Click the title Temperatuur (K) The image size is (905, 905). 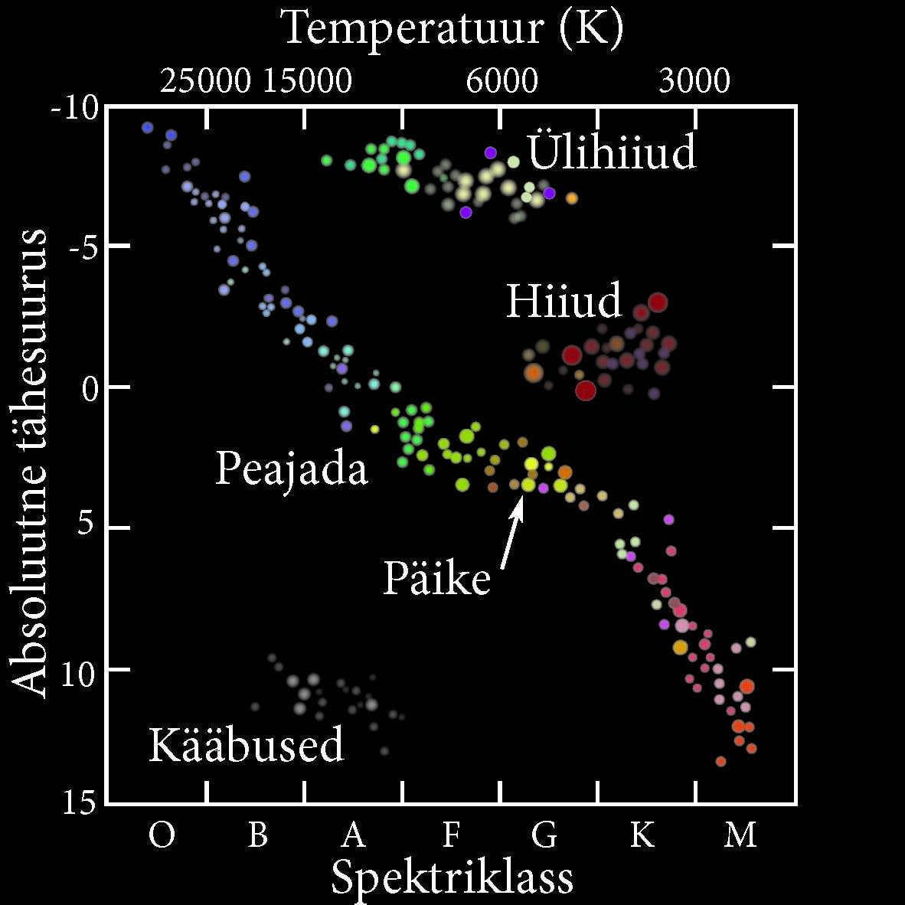452,28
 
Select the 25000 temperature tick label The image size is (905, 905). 205,80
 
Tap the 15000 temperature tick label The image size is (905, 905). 307,80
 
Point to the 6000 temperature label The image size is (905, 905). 502,80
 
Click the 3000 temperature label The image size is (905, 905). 694,80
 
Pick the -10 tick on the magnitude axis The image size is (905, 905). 75,108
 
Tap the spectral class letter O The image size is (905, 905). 162,835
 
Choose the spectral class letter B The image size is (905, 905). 258,835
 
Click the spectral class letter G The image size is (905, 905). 544,835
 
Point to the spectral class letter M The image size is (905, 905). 740,835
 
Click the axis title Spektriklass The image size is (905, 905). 452,877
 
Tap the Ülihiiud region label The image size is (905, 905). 612,152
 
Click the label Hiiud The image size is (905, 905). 564,301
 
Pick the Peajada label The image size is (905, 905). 291,468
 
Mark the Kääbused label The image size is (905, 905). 246,744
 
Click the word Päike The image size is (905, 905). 436,578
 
